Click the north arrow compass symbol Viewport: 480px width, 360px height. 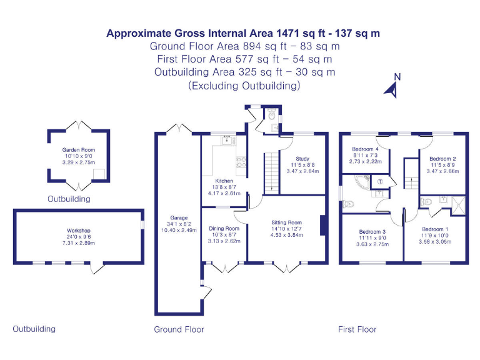point(394,87)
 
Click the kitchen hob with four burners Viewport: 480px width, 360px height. point(241,163)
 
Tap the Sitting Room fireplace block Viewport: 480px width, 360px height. point(322,226)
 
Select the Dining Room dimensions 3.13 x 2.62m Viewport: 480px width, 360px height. point(224,241)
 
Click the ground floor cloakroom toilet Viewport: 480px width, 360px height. point(270,115)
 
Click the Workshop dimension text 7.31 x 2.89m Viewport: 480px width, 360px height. point(79,242)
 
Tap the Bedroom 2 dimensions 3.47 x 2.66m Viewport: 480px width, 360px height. point(442,171)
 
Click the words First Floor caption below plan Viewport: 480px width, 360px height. point(357,329)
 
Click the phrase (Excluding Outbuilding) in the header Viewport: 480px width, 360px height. point(244,86)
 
